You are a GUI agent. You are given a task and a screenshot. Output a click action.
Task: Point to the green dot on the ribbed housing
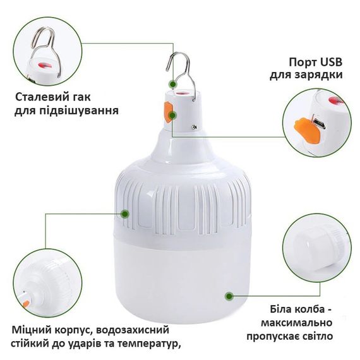click(124, 214)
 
